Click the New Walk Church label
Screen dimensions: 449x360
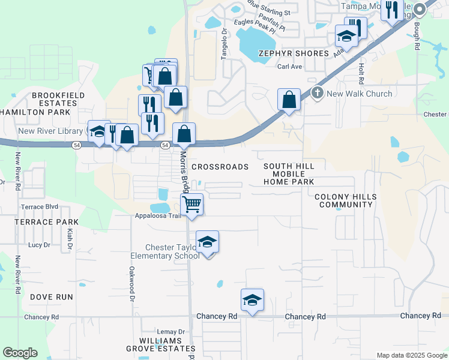tap(360, 94)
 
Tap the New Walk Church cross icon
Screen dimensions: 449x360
tap(318, 93)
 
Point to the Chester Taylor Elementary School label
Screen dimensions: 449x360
tap(173, 252)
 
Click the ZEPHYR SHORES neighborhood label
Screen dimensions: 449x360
tap(294, 53)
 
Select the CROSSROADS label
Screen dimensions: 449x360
tap(220, 167)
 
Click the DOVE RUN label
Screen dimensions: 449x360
tap(52, 297)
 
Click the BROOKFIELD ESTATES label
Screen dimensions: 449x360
tap(55, 99)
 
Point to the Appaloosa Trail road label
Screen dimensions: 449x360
tap(158, 216)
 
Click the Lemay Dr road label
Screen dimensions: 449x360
tap(171, 331)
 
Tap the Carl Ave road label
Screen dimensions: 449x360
tap(289, 67)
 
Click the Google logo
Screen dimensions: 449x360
tap(20, 353)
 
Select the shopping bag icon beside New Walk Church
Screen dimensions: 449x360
tap(289, 100)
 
